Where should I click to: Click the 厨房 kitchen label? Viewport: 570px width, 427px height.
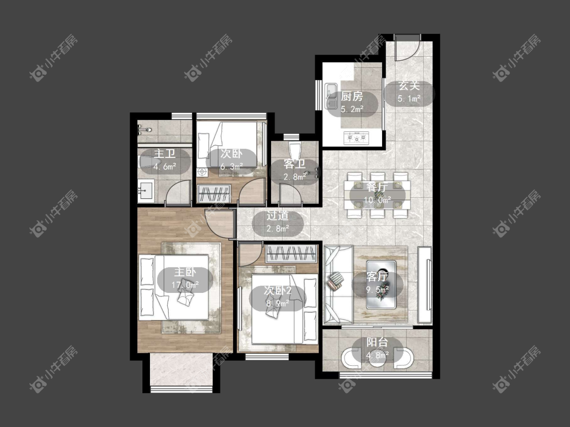352,97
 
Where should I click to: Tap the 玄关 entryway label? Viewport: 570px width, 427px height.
409,86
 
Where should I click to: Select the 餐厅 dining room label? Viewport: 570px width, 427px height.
377,187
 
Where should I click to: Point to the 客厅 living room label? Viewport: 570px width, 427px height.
377,277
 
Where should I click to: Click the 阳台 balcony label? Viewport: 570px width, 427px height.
377,342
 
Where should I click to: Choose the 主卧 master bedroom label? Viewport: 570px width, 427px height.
185,272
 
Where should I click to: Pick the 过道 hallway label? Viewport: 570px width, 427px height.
277,216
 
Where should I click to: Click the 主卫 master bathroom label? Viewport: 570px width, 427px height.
165,154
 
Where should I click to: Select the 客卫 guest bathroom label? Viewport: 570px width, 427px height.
294,164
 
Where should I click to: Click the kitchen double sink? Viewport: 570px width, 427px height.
331,96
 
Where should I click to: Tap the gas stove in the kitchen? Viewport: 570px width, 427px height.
356,138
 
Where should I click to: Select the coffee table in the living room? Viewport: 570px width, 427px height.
381,284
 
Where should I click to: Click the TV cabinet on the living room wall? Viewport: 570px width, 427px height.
425,284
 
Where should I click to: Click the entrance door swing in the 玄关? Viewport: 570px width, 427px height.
408,48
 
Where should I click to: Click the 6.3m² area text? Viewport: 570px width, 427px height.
231,166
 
